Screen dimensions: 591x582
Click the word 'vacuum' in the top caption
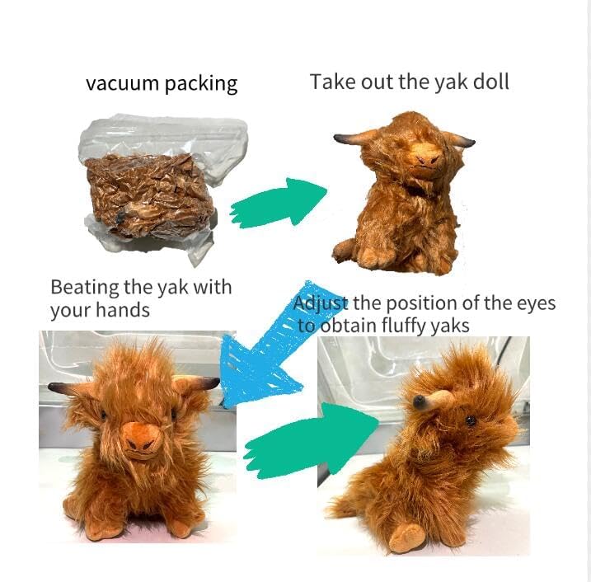click(123, 83)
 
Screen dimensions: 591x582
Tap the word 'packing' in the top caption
click(201, 84)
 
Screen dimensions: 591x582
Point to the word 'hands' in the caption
click(123, 310)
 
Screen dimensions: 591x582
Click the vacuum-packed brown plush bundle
click(151, 196)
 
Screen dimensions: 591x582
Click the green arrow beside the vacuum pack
click(278, 203)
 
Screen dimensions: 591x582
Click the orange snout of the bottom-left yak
click(142, 439)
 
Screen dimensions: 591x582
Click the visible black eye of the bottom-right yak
click(471, 420)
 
